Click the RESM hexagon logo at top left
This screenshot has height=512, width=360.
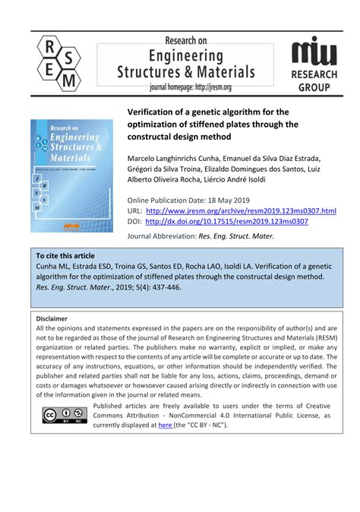tap(58, 62)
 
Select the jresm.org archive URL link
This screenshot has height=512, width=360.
tap(240, 210)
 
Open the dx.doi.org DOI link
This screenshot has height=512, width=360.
tap(226, 221)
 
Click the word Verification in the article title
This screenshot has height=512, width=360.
tap(153, 112)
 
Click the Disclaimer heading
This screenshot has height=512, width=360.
tap(52, 318)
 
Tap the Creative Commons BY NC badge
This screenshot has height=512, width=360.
tap(62, 415)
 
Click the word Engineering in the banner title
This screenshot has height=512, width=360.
tap(187, 56)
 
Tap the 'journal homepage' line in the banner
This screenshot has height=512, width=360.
tap(189, 87)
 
